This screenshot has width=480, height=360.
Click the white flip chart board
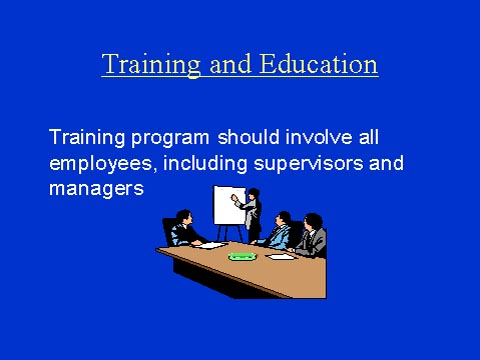[228, 204]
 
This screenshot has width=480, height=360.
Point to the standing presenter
[252, 211]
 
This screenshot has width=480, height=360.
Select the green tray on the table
[242, 256]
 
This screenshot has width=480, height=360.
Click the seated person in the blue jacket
[281, 231]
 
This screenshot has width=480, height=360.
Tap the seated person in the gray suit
[313, 238]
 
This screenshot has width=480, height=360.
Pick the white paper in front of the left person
[212, 243]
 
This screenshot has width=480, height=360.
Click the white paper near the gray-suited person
[282, 256]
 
